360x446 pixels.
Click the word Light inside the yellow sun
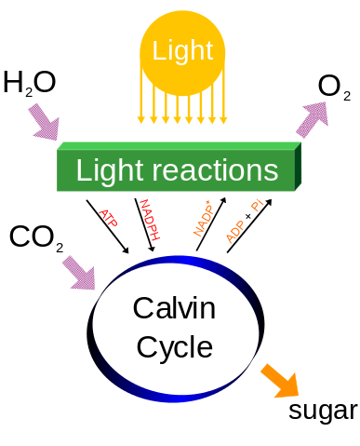click(x=182, y=50)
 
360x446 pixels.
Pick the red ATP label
click(x=107, y=218)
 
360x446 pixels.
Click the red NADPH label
click(x=149, y=220)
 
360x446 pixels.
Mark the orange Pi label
click(x=257, y=205)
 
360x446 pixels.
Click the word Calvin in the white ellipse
click(x=174, y=307)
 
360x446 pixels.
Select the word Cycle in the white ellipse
click(x=174, y=346)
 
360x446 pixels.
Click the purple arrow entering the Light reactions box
click(x=43, y=122)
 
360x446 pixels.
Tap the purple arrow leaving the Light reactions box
click(x=313, y=118)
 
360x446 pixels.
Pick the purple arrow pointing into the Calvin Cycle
click(x=78, y=273)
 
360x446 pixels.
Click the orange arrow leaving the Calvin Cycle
click(x=279, y=380)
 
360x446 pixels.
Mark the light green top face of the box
click(x=177, y=146)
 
